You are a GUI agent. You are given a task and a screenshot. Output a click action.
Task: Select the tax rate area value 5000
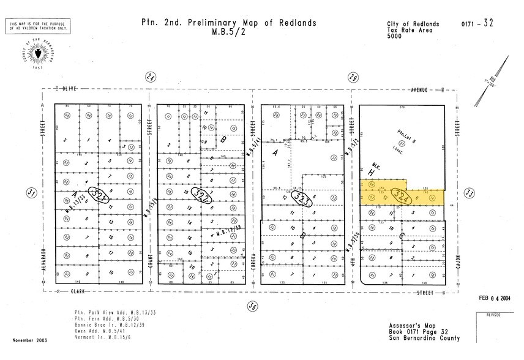pos(395,36)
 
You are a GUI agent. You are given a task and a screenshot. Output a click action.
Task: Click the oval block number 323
pos(302,197)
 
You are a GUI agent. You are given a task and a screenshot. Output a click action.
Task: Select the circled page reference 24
pos(149,77)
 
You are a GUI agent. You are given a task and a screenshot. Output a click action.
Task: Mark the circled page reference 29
pos(353,77)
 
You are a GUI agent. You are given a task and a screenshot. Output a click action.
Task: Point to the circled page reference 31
pos(31,193)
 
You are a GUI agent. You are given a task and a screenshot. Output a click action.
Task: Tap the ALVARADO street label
pos(45,261)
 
